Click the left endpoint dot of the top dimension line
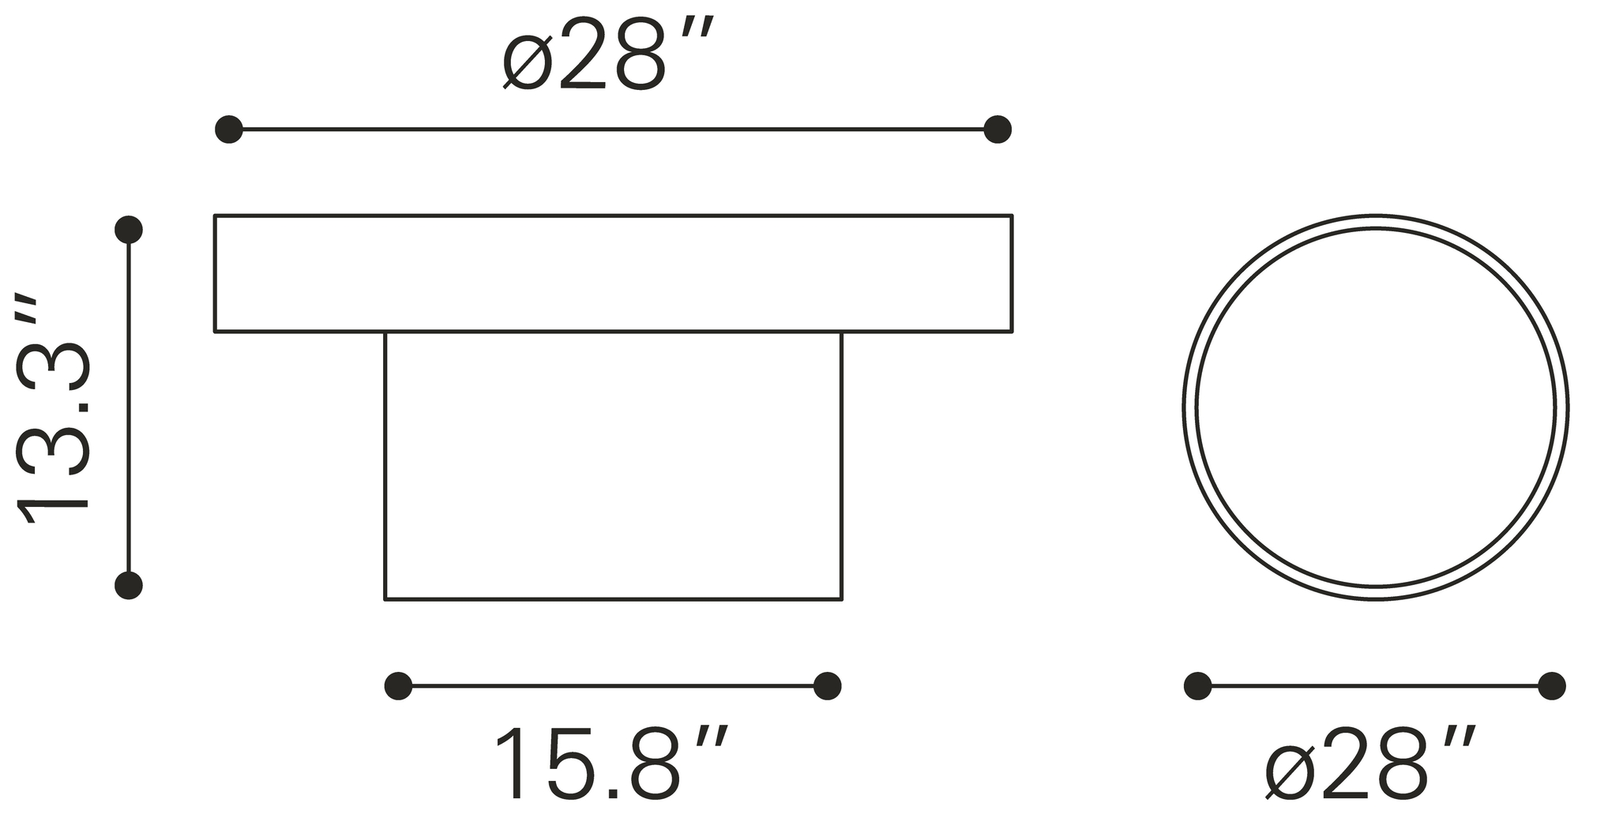[229, 129]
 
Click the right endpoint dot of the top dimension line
[997, 129]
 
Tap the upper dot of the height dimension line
[129, 230]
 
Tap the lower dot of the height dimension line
[129, 585]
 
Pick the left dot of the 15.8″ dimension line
[398, 686]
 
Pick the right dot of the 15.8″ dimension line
[827, 686]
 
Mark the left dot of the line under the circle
[1198, 686]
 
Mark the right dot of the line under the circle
[1552, 686]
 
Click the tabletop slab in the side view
[613, 273]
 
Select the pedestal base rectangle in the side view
[613, 466]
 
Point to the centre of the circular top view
[1376, 407]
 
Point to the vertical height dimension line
[129, 407]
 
